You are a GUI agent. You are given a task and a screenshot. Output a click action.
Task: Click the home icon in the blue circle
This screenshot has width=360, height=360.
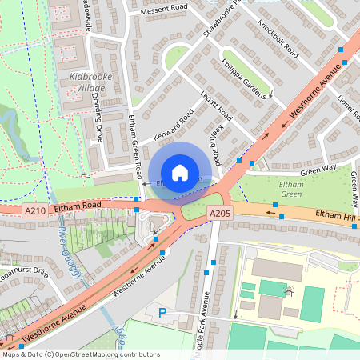click(x=180, y=173)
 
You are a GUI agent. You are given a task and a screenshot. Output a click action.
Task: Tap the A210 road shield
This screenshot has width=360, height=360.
click(x=34, y=210)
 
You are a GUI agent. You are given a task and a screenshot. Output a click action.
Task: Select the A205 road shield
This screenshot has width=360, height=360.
click(x=220, y=213)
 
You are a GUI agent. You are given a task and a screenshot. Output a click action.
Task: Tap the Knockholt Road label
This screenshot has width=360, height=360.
click(x=278, y=40)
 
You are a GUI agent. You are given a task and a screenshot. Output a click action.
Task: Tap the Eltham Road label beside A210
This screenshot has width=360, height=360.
click(x=78, y=206)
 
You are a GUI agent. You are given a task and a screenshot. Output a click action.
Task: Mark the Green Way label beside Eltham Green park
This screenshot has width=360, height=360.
click(x=318, y=170)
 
